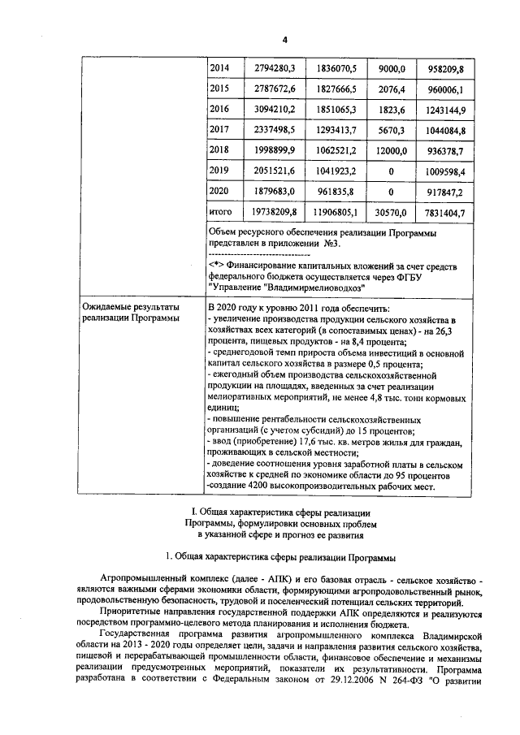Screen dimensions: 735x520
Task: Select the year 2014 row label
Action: pyautogui.click(x=219, y=69)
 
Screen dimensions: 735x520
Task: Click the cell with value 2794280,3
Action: pyautogui.click(x=275, y=69)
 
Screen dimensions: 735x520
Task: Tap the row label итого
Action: pyautogui.click(x=221, y=213)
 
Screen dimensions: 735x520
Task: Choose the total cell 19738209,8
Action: pyautogui.click(x=275, y=213)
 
